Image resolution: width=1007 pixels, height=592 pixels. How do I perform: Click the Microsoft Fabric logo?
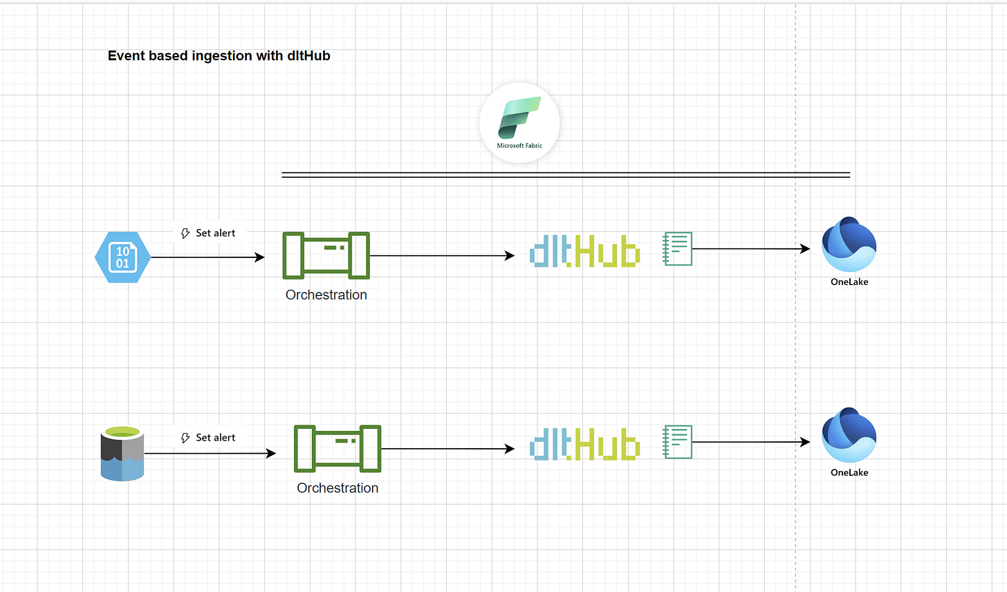(x=519, y=122)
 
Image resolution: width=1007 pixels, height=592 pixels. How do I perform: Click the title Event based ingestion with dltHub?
(x=219, y=56)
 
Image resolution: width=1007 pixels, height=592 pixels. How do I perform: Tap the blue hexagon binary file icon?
(x=122, y=257)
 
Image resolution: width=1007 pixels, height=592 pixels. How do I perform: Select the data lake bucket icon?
(x=122, y=454)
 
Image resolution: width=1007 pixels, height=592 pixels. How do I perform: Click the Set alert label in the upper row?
(x=209, y=233)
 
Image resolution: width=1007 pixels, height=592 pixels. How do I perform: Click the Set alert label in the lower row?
(x=209, y=438)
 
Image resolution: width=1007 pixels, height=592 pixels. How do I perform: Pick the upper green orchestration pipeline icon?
(x=326, y=255)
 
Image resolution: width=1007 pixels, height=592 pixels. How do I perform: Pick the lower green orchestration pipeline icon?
(x=338, y=449)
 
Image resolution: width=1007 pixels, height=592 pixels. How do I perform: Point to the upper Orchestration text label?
(x=326, y=295)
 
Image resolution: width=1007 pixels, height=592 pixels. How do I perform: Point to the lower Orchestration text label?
(x=338, y=488)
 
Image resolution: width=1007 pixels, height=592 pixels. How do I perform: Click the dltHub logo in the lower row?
(x=584, y=444)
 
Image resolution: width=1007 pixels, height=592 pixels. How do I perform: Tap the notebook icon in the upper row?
(x=677, y=249)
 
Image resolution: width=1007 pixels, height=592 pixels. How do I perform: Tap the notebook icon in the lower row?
(x=677, y=442)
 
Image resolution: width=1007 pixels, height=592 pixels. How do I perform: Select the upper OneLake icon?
(x=849, y=245)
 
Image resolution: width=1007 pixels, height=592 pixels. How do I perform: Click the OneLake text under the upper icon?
(x=849, y=282)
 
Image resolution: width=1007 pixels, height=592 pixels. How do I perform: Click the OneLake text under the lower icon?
(x=849, y=473)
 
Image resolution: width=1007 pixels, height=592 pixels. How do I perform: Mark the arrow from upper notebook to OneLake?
(x=750, y=249)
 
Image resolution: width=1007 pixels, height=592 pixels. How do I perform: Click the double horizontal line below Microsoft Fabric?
(x=566, y=175)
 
